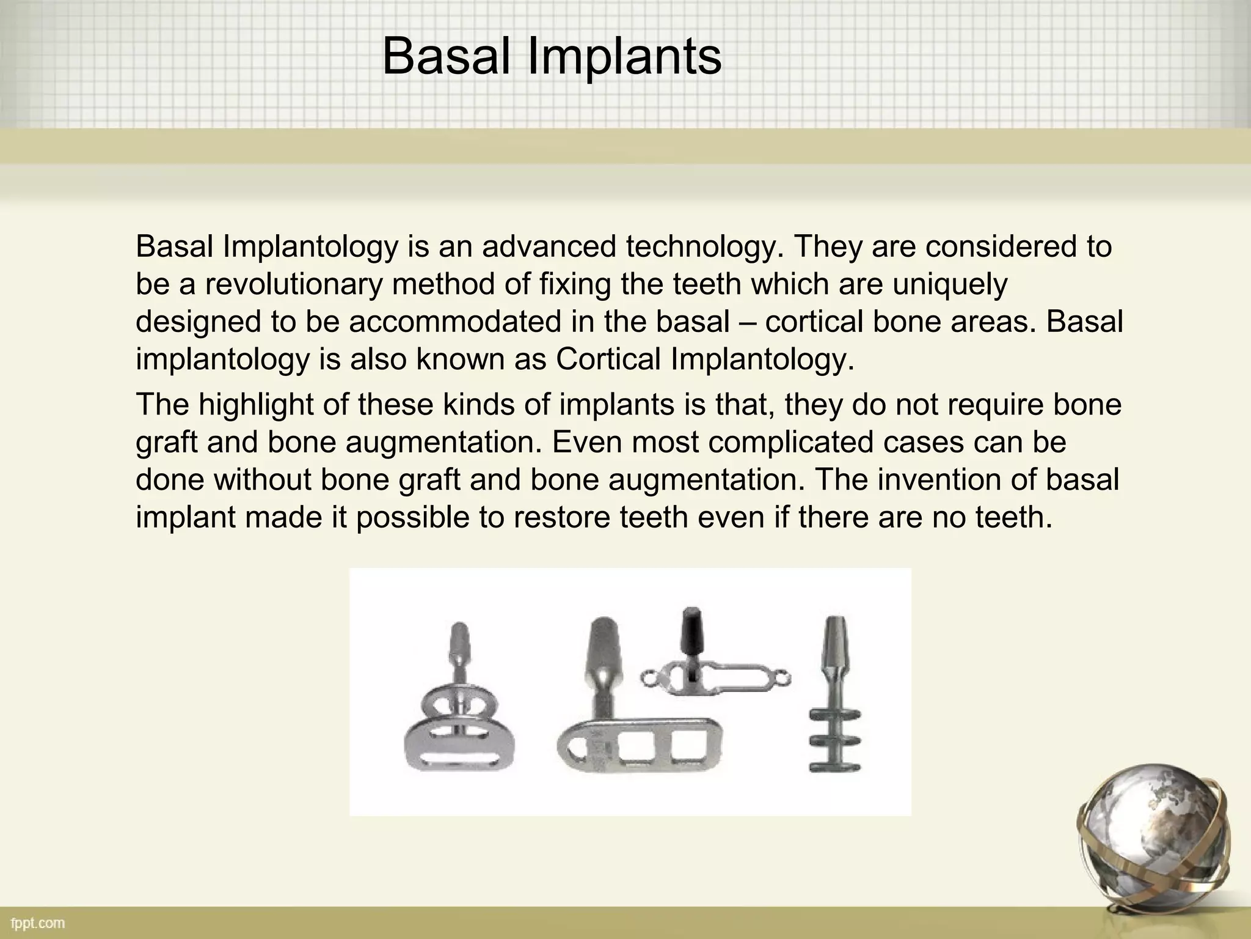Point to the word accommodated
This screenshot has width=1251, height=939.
(x=455, y=322)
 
